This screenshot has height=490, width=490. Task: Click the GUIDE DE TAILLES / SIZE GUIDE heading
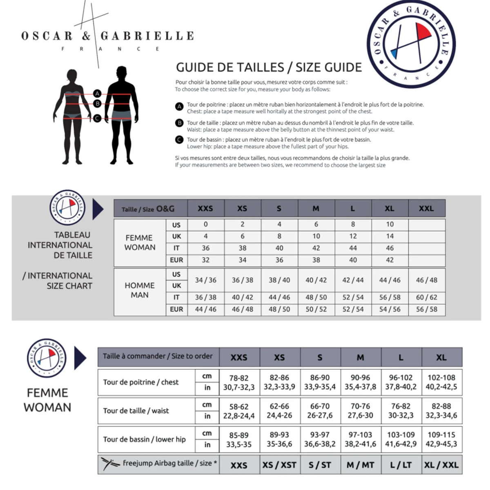[269, 67]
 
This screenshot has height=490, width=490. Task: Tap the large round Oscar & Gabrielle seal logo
[411, 44]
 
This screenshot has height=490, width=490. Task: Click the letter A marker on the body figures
[97, 94]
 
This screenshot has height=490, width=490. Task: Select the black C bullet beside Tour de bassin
[179, 140]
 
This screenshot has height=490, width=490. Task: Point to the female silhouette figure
[72, 116]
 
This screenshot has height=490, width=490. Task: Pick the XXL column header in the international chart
[426, 208]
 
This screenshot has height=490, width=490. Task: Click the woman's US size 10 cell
[390, 224]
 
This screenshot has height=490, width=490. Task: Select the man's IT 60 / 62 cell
[426, 297]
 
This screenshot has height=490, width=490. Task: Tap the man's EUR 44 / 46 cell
[205, 309]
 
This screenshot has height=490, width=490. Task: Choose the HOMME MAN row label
[140, 290]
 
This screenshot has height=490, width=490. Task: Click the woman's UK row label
[176, 236]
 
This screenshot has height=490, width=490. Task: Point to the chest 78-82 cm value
[238, 378]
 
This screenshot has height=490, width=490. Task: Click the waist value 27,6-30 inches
[360, 415]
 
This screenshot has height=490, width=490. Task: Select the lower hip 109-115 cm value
[441, 435]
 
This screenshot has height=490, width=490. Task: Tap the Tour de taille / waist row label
[136, 411]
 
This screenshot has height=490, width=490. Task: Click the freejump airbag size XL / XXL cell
[441, 465]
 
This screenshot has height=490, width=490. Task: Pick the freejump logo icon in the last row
[110, 464]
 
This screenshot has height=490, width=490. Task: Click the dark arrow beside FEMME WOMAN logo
[80, 358]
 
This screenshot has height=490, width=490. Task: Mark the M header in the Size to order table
[360, 358]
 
